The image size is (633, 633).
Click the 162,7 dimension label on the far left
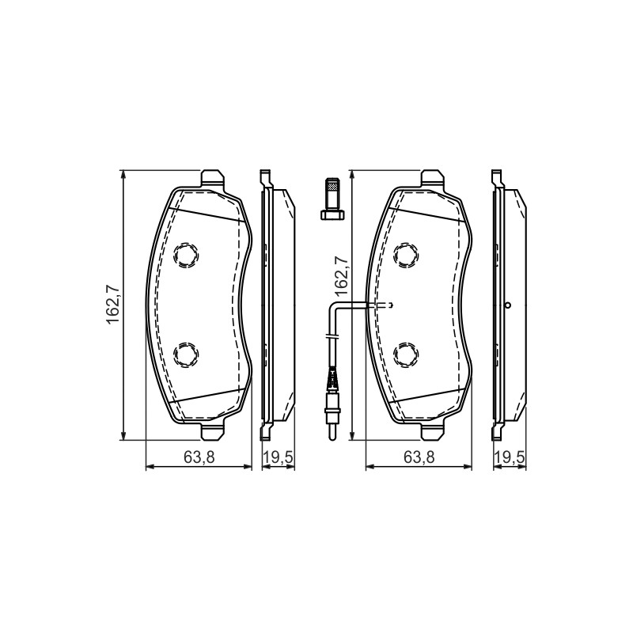(x=112, y=305)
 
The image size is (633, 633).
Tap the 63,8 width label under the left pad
(x=199, y=457)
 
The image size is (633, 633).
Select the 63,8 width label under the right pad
(x=419, y=457)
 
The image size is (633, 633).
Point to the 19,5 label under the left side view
(x=279, y=457)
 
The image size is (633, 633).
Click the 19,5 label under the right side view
(x=510, y=457)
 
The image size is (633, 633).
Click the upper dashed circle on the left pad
(x=186, y=255)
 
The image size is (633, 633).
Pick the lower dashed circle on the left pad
(x=186, y=354)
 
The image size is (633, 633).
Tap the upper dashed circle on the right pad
(x=406, y=255)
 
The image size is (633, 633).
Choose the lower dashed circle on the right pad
(x=406, y=354)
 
